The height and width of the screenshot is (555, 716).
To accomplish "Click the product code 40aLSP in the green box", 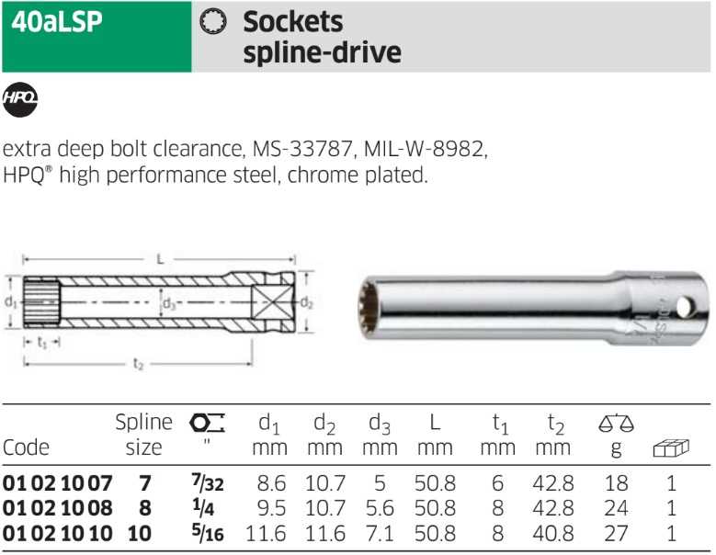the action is pyautogui.click(x=57, y=22).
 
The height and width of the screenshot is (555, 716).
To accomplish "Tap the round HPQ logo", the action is pyautogui.click(x=19, y=99).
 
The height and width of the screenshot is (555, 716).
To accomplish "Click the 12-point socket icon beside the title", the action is pyautogui.click(x=213, y=21).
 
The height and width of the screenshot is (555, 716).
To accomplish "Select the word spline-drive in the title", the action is pyautogui.click(x=323, y=52).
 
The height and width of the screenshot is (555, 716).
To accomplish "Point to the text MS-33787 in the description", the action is pyautogui.click(x=302, y=148).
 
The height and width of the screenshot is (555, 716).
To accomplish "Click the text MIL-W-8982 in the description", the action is pyautogui.click(x=424, y=148).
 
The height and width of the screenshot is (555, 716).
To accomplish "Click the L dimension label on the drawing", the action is pyautogui.click(x=160, y=259).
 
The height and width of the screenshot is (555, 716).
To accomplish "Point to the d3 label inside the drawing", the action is pyautogui.click(x=169, y=303).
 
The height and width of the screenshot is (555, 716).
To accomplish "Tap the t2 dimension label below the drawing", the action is pyautogui.click(x=138, y=364).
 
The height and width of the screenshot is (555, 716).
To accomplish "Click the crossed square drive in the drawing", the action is pyautogui.click(x=272, y=301).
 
